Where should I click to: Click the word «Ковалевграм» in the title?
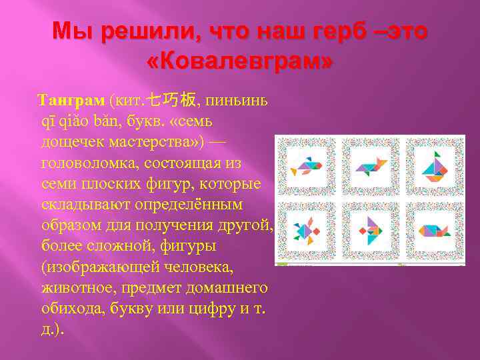click(240, 61)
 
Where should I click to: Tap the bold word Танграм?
click(72, 101)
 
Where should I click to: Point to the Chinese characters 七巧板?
click(171, 101)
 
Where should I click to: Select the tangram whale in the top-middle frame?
click(371, 165)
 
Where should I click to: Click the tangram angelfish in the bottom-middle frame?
click(371, 231)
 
